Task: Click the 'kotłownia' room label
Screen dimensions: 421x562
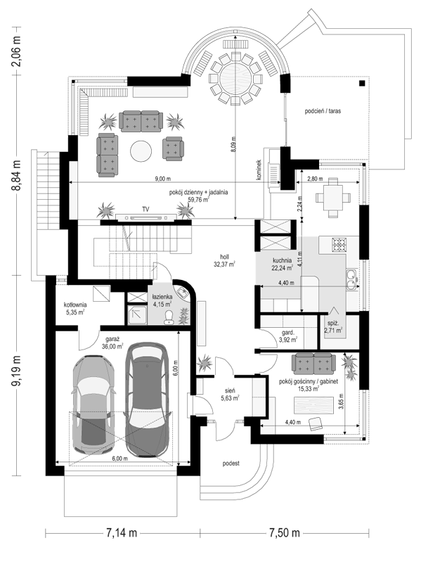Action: pyautogui.click(x=75, y=305)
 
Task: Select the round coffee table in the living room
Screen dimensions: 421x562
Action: pyautogui.click(x=141, y=151)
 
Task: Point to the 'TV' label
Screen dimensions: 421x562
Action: pyautogui.click(x=145, y=210)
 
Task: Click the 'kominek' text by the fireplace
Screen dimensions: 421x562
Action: pyautogui.click(x=259, y=170)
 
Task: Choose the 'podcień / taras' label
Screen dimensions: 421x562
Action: pyautogui.click(x=323, y=111)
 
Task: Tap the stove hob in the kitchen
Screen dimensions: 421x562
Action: pyautogui.click(x=339, y=244)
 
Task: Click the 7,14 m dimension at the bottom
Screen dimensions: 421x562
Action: pyautogui.click(x=122, y=533)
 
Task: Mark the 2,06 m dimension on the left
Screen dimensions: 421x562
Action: pyautogui.click(x=16, y=51)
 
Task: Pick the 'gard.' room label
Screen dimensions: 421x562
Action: pyautogui.click(x=287, y=333)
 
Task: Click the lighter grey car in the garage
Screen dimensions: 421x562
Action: pyautogui.click(x=93, y=404)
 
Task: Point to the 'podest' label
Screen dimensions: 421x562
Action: pyautogui.click(x=231, y=464)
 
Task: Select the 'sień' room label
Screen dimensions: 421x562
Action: pyautogui.click(x=231, y=390)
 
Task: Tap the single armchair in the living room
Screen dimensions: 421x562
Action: pyautogui.click(x=174, y=148)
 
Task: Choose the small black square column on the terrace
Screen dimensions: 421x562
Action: pyautogui.click(x=362, y=84)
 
